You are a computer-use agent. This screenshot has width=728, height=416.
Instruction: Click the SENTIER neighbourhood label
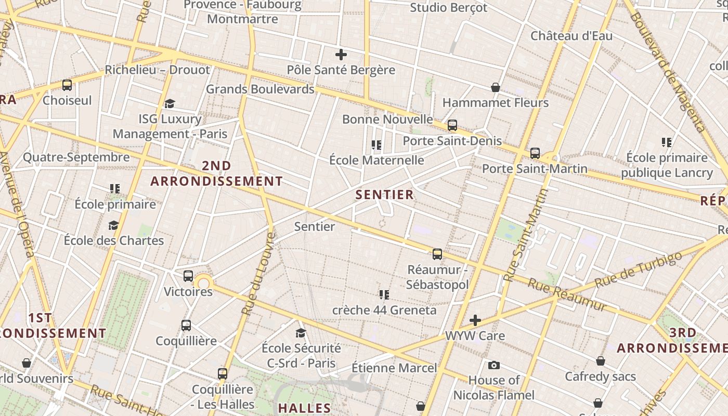pyautogui.click(x=385, y=195)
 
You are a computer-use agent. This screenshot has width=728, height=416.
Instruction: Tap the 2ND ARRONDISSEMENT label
pyautogui.click(x=216, y=174)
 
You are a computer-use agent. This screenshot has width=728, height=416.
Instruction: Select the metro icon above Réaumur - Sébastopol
pyautogui.click(x=437, y=254)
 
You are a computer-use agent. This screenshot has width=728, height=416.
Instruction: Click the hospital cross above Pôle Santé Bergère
pyautogui.click(x=341, y=54)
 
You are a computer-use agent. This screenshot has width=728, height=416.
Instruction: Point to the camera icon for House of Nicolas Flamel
pyautogui.click(x=494, y=366)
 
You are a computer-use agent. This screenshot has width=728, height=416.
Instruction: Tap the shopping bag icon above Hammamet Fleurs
pyautogui.click(x=496, y=87)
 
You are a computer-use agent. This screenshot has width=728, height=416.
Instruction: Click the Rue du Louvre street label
pyautogui.click(x=258, y=273)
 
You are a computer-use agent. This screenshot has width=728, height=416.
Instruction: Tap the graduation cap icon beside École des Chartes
pyautogui.click(x=113, y=225)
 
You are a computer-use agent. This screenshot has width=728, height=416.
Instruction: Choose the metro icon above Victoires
pyautogui.click(x=188, y=276)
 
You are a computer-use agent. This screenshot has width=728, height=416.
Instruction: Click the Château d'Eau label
pyautogui.click(x=571, y=36)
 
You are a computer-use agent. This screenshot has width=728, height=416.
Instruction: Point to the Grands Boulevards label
pyautogui.click(x=260, y=89)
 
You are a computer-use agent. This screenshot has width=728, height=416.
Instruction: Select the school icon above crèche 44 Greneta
pyautogui.click(x=384, y=295)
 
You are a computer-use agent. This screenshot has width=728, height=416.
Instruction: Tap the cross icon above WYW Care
pyautogui.click(x=475, y=320)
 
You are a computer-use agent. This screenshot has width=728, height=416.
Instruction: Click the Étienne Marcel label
pyautogui.click(x=394, y=368)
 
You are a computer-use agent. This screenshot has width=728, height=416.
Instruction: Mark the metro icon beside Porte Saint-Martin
pyautogui.click(x=535, y=153)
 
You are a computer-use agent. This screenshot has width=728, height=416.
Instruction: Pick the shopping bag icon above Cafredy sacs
pyautogui.click(x=601, y=361)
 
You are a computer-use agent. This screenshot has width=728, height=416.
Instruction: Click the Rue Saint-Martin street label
pyautogui.click(x=526, y=235)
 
